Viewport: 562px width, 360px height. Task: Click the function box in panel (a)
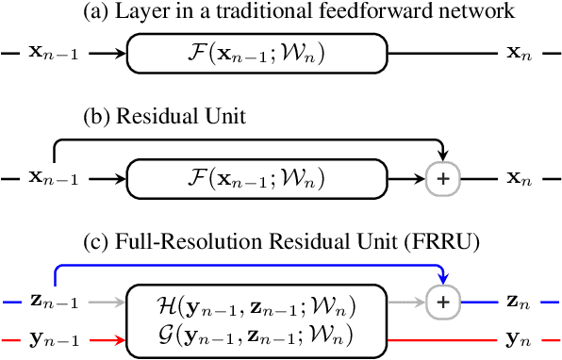point(256,55)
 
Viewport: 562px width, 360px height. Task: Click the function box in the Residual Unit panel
point(256,177)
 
